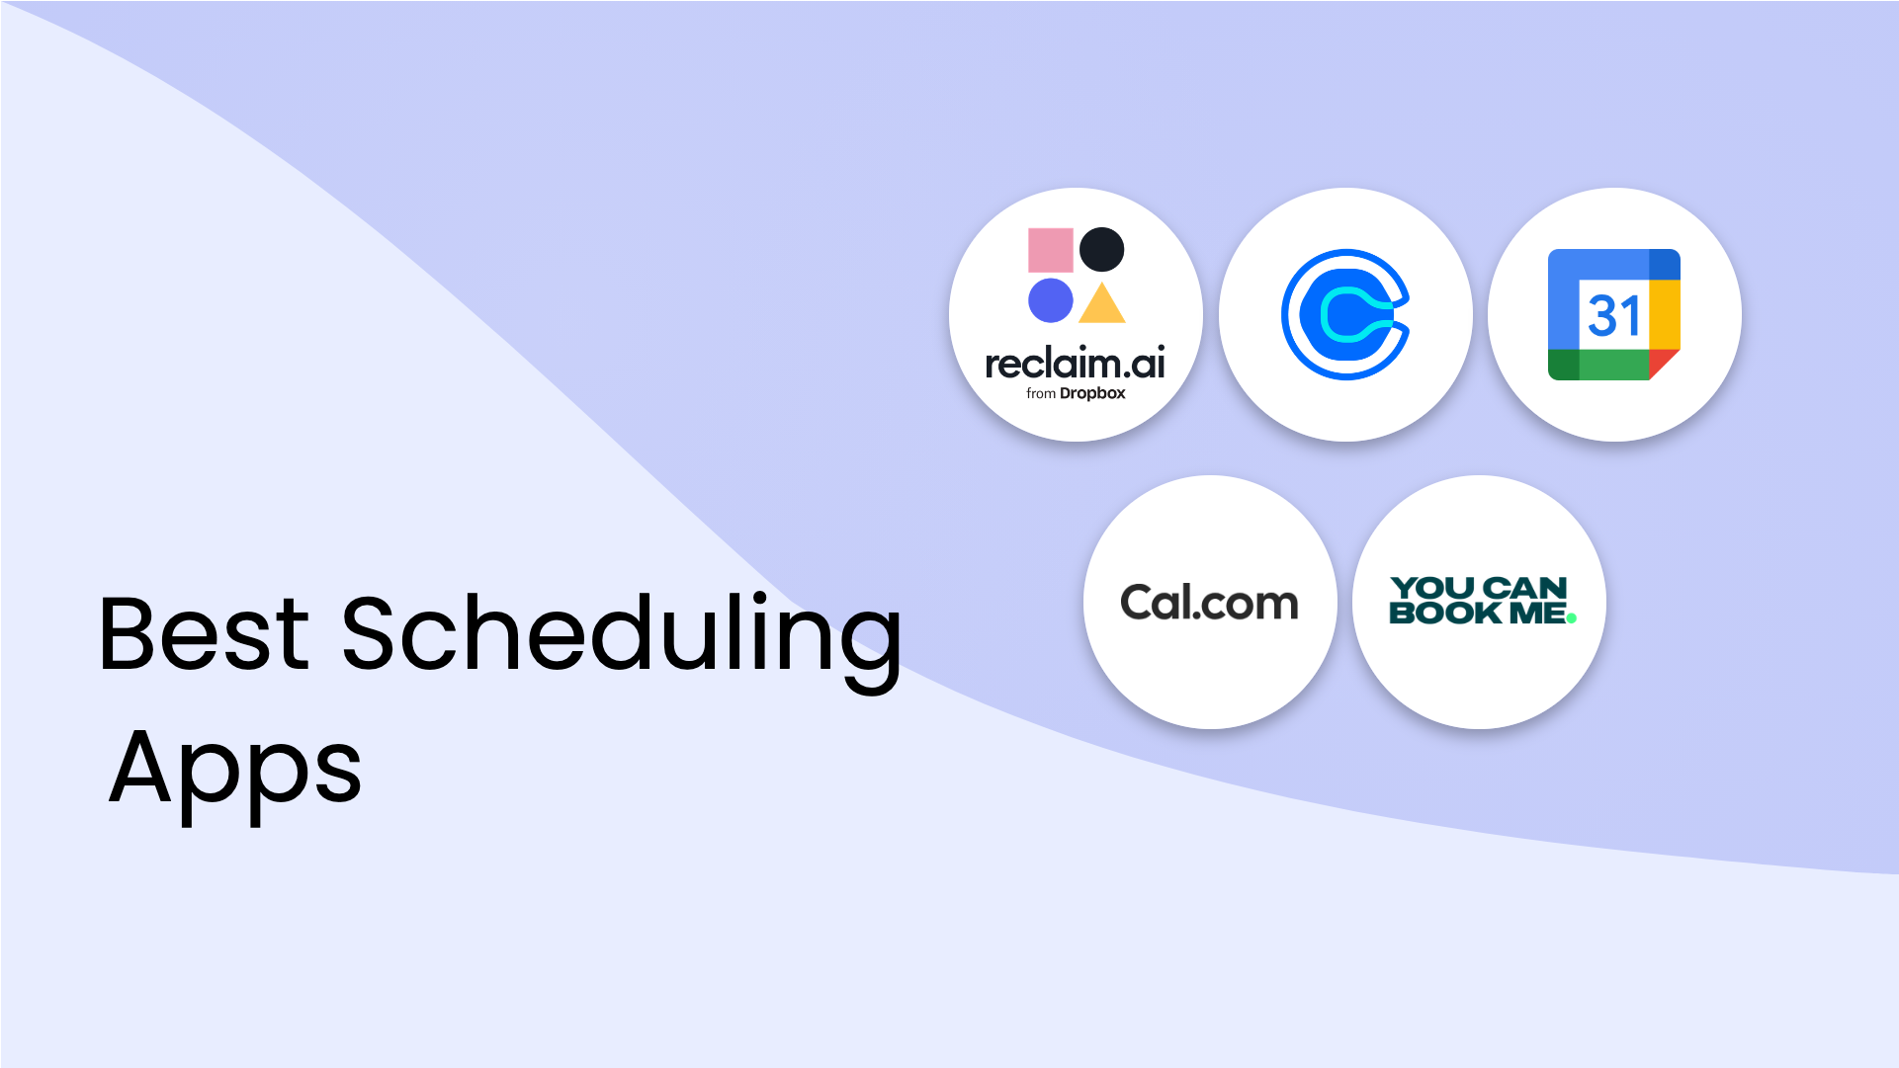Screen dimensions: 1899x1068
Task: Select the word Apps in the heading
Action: coord(235,772)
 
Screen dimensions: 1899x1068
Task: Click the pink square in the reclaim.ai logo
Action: coord(1050,250)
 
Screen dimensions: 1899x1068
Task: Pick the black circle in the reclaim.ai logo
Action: coord(1101,250)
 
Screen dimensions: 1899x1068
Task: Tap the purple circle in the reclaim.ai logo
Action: coord(1050,300)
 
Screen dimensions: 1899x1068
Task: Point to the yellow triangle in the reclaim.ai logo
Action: coord(1102,303)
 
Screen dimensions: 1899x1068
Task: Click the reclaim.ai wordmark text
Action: coord(1076,364)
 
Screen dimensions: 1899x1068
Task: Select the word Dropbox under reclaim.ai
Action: coord(1092,393)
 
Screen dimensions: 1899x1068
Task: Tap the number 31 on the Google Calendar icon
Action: coord(1614,315)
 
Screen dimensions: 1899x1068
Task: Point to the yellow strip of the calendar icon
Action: coord(1665,314)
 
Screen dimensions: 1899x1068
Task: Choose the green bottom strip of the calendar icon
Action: coord(1598,365)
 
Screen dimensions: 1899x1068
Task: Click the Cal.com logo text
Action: coord(1209,603)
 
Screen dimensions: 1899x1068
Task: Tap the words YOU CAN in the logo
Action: coord(1479,589)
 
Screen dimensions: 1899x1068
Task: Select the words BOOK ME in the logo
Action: coord(1477,613)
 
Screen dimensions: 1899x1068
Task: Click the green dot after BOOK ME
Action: coord(1572,618)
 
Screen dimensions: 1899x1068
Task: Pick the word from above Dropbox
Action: coord(1041,393)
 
